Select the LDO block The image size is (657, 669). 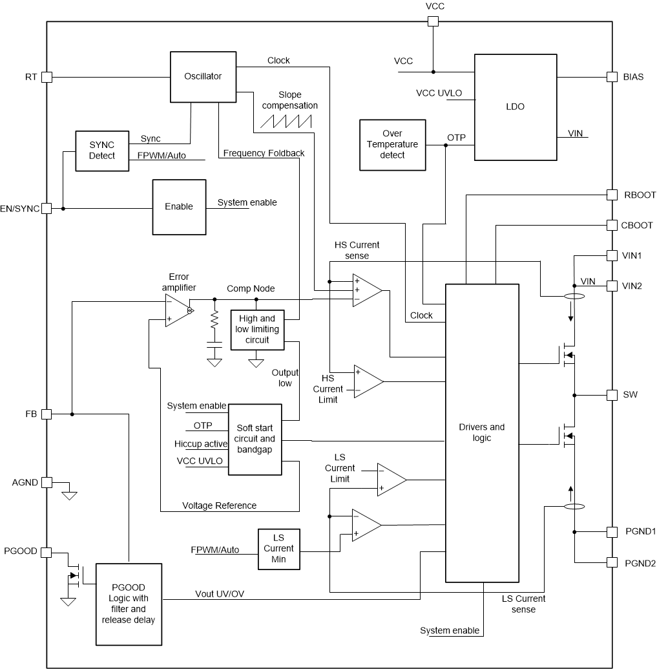(516, 107)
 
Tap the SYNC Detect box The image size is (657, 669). (101, 151)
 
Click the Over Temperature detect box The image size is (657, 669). (392, 145)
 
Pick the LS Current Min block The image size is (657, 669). (279, 549)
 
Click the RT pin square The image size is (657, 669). (47, 77)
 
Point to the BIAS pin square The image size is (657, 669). (612, 77)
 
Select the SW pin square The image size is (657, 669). (612, 394)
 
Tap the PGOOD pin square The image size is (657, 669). (47, 552)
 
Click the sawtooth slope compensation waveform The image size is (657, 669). (285, 120)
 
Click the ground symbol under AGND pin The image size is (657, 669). (69, 496)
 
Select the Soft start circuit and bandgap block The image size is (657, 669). (255, 439)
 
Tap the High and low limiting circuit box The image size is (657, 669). (257, 329)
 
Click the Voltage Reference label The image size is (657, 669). (219, 505)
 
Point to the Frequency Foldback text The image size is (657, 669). (263, 154)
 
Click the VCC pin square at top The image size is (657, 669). (433, 21)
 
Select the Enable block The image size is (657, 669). (178, 207)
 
